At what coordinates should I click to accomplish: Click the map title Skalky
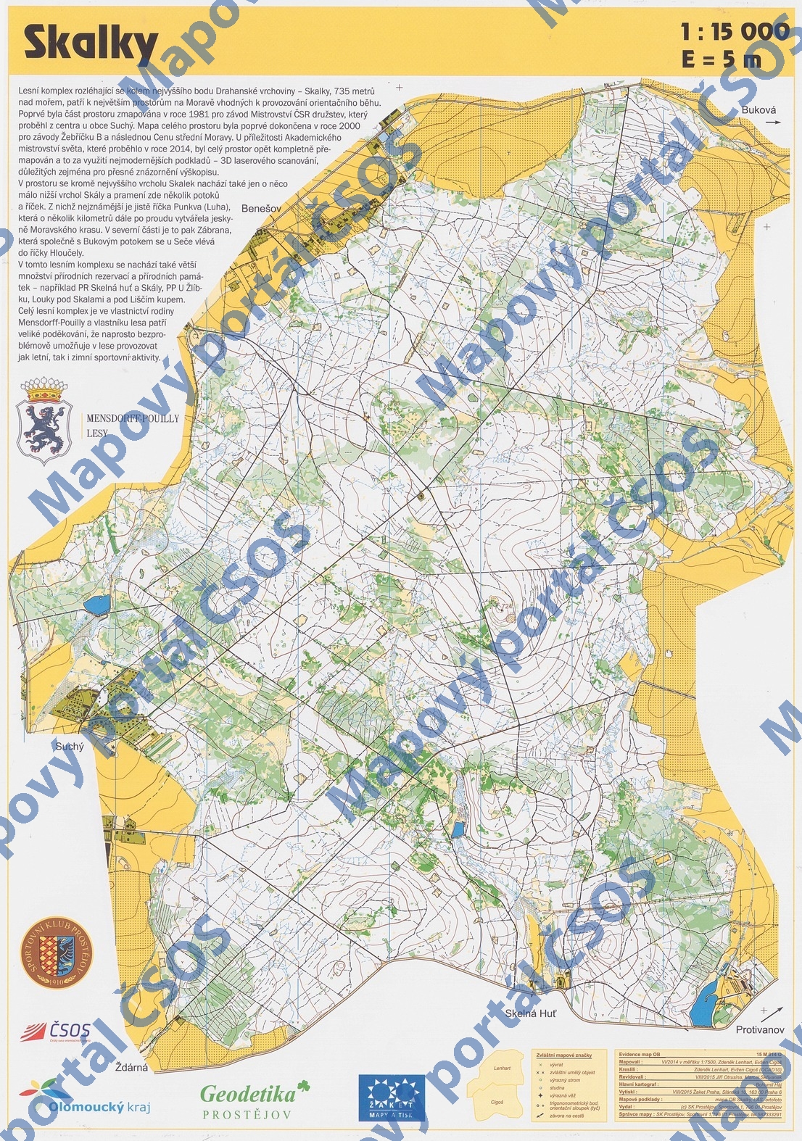91,43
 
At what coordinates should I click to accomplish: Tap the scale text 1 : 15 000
734,31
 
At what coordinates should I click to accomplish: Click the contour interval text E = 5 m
722,59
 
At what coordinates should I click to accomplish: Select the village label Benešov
261,208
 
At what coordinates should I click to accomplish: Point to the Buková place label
759,110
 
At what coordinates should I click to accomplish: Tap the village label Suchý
70,746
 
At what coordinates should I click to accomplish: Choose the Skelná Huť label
531,1013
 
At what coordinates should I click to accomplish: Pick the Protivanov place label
760,1029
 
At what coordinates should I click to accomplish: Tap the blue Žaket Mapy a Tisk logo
391,1097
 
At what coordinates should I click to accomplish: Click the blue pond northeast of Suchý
96,602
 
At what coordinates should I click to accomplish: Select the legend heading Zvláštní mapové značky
564,1055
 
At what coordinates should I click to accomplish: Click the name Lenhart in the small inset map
502,1068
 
